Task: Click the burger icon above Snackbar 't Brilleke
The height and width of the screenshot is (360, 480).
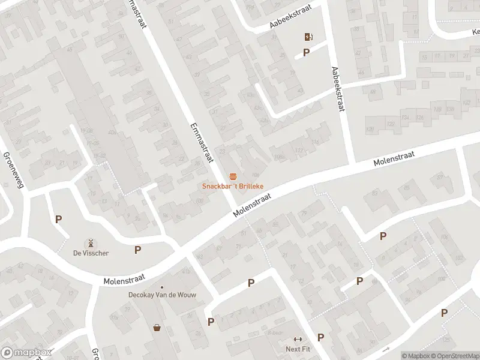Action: [x=232, y=176]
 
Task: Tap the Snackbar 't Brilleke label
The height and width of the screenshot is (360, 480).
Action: [x=232, y=187]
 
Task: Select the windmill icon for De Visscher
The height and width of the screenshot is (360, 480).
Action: [x=91, y=243]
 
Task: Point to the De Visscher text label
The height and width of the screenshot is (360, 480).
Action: [x=91, y=253]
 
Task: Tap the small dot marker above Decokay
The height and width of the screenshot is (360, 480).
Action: [x=161, y=287]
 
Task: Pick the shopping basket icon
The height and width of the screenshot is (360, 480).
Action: [x=157, y=328]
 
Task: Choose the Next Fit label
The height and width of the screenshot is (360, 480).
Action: [x=297, y=349]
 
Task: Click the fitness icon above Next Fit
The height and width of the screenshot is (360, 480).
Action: [x=298, y=340]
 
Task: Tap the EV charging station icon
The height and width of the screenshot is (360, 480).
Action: [x=308, y=37]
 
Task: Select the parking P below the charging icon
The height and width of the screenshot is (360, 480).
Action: [x=306, y=52]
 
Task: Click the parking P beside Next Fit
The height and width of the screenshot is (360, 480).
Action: [x=320, y=338]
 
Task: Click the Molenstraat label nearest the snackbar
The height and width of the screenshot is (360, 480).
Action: [x=253, y=203]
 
